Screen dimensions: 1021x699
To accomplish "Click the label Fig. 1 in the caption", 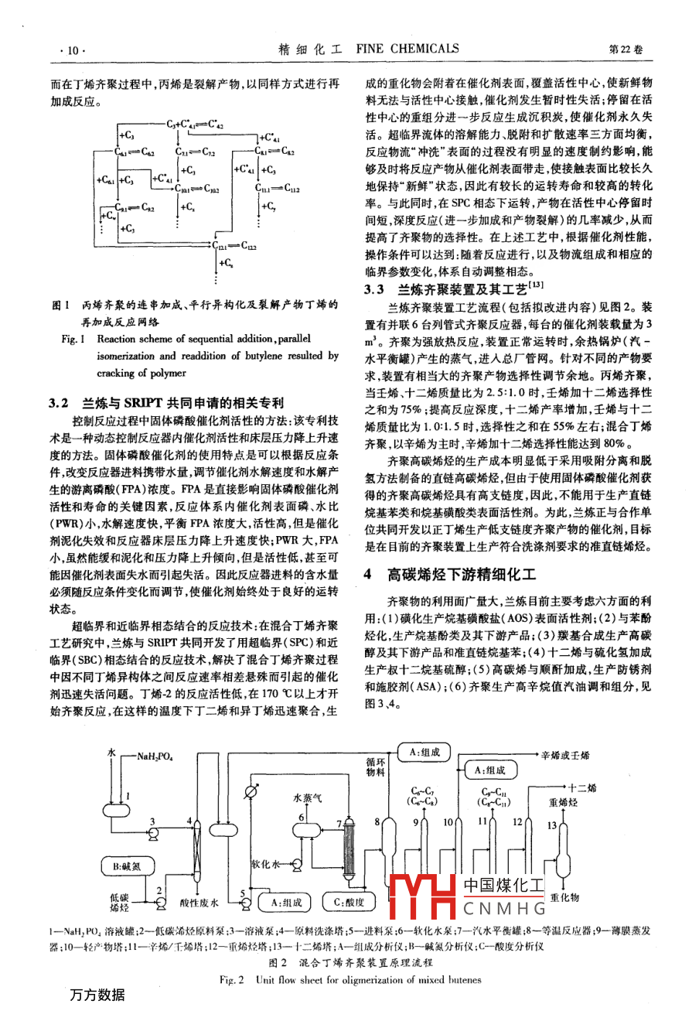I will pos(73,339).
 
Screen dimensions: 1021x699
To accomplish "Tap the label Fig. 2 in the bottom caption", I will pos(231,980).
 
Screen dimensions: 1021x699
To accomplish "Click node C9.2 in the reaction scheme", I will pos(147,208).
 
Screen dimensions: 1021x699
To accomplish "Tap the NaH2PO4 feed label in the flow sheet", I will pos(155,756).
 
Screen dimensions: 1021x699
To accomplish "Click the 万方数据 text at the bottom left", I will pos(97,995).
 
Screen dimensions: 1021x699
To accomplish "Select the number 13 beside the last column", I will pos(551,825).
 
